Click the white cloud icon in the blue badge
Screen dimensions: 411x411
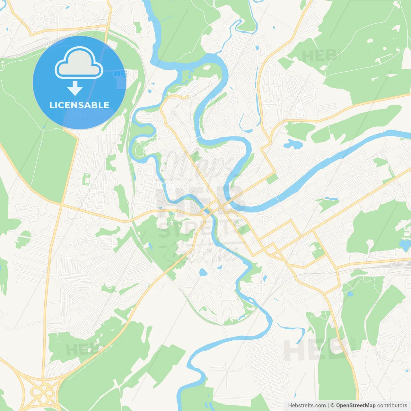[79, 63]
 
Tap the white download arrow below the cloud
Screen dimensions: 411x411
[75, 88]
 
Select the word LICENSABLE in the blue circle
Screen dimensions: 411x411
[79, 105]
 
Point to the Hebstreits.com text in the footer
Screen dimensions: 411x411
[307, 406]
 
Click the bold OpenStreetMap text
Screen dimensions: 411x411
[356, 406]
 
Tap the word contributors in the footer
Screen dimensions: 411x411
[392, 406]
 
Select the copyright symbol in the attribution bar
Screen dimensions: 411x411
[333, 406]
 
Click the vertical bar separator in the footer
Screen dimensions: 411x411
[328, 406]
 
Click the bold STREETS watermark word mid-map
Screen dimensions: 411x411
[202, 229]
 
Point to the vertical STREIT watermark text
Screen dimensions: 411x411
[354, 347]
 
